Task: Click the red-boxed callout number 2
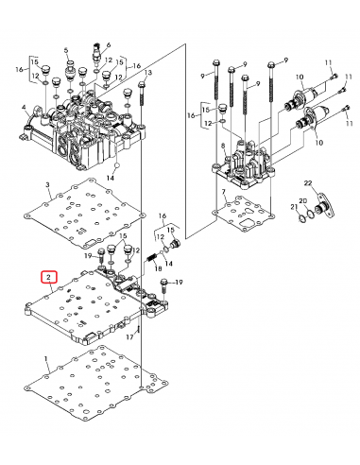click(x=48, y=277)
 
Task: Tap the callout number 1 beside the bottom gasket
click(x=46, y=358)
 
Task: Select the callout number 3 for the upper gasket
click(x=48, y=184)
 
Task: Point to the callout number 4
click(x=24, y=108)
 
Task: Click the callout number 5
click(x=66, y=50)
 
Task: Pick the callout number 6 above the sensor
click(x=109, y=45)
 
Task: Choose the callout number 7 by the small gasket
click(x=224, y=192)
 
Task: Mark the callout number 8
click(x=223, y=146)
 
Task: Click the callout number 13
click(x=148, y=73)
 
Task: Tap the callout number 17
click(x=129, y=337)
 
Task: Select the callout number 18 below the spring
click(x=158, y=268)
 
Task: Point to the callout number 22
click(x=308, y=182)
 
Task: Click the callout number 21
click(x=294, y=207)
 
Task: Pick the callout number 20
click(x=303, y=201)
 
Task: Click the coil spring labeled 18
click(x=152, y=258)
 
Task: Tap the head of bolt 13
click(x=142, y=84)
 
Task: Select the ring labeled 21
click(x=301, y=218)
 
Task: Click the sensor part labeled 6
click(x=96, y=55)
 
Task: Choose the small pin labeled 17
click(x=138, y=330)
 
